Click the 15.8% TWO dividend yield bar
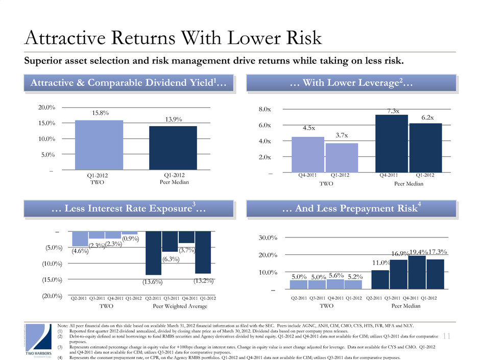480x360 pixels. click(99, 145)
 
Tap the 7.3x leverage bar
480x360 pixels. click(392, 143)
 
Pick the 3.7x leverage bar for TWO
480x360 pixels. click(342, 158)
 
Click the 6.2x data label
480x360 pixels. click(427, 117)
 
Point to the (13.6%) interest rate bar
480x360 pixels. click(154, 253)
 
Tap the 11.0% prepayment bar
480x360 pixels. click(380, 279)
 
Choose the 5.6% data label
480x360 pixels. click(335, 275)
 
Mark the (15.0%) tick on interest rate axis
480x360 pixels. click(53, 280)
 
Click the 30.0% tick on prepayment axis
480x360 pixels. click(267, 238)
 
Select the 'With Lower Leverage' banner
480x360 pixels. click(351, 83)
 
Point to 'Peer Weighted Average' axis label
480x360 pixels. click(180, 306)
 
